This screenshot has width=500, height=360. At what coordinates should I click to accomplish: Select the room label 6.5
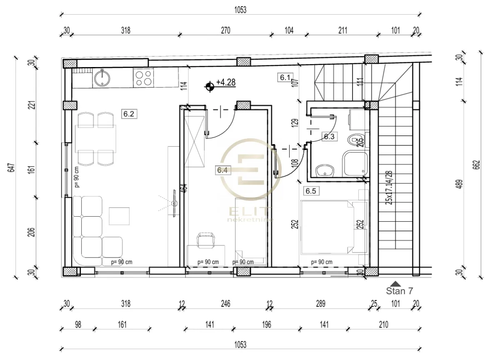(x=311, y=191)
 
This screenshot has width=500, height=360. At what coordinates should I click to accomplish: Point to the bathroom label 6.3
(x=329, y=136)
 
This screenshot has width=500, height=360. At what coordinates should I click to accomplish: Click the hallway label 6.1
(x=285, y=77)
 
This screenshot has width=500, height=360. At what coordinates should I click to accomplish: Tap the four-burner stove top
(x=143, y=77)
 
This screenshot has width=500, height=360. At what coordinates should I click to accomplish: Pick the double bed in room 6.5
(x=329, y=227)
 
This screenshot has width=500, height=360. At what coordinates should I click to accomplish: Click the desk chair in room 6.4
(x=206, y=240)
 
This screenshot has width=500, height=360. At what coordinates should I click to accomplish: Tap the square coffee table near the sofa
(x=117, y=216)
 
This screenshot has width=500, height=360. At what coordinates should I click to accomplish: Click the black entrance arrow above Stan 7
(x=396, y=283)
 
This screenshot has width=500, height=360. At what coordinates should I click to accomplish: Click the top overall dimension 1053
(x=240, y=10)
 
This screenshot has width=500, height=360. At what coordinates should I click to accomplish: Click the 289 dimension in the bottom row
(x=320, y=304)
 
